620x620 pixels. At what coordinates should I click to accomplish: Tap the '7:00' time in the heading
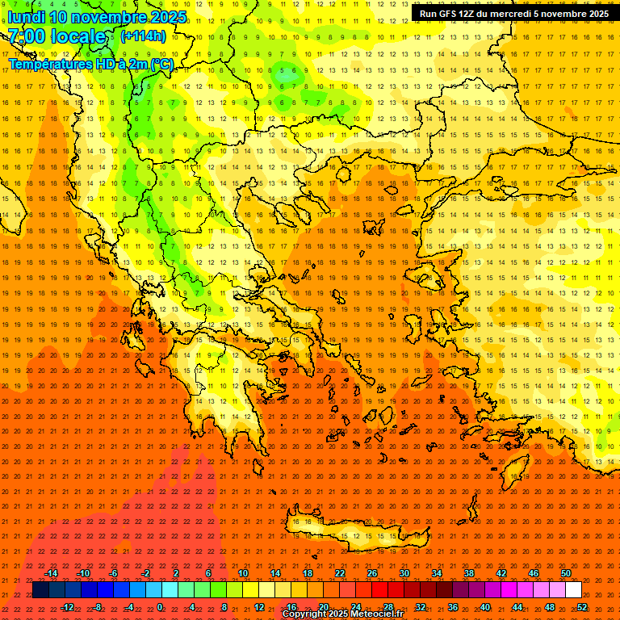tap(26, 36)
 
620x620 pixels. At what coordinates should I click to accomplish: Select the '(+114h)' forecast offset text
tap(143, 36)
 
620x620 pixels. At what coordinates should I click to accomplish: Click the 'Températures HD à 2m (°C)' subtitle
tap(90, 63)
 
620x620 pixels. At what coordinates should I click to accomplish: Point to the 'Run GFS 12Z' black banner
tap(514, 14)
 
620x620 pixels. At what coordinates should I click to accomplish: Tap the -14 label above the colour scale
tap(51, 573)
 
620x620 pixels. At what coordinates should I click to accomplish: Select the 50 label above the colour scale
tap(565, 573)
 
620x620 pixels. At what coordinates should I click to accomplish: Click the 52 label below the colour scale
tap(582, 607)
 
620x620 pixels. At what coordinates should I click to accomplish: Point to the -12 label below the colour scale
tap(67, 607)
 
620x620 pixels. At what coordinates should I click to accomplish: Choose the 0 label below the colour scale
tap(160, 607)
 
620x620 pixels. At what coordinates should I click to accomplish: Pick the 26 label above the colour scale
tap(371, 573)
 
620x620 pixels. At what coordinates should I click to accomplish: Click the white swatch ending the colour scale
tap(573, 590)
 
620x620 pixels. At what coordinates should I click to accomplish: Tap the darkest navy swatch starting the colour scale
tap(40, 590)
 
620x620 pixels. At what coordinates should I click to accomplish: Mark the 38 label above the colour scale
tap(468, 573)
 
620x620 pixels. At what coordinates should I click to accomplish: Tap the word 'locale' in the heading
tap(78, 36)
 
